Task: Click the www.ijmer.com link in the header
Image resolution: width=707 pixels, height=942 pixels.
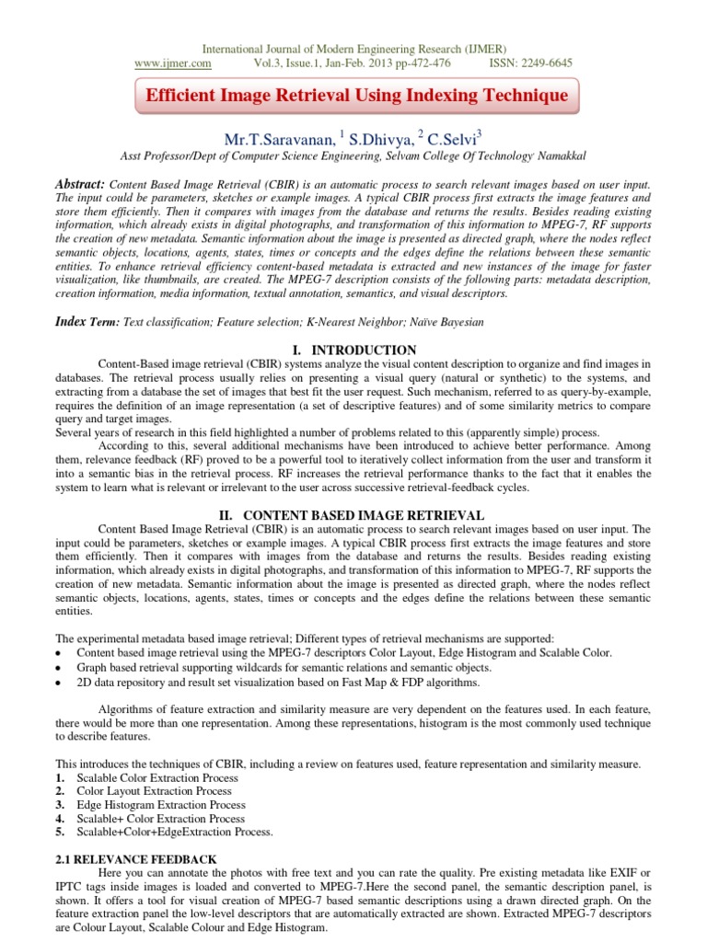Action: coord(173,63)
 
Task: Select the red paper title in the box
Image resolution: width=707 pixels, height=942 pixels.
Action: coord(353,96)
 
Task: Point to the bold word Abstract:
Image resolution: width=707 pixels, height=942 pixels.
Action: coord(80,184)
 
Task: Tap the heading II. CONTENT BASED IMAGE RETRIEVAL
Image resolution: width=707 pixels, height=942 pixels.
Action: coord(353,515)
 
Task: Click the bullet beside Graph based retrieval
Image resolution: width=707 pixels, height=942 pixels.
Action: coord(59,668)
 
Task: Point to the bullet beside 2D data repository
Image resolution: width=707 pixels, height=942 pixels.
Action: coord(59,683)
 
